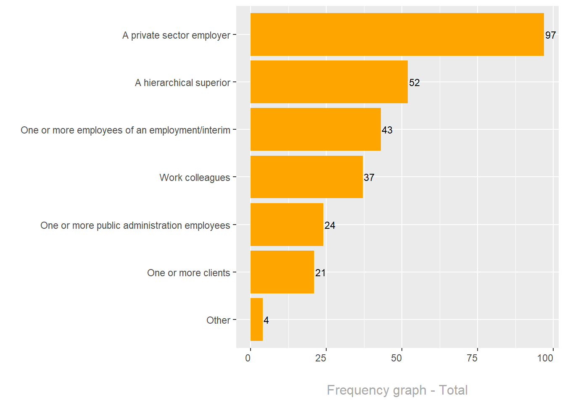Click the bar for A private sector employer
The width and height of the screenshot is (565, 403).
pos(397,34)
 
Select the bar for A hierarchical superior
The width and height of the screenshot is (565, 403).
pos(329,82)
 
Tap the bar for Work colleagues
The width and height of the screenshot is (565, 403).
pos(306,177)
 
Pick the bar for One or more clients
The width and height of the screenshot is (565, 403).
pos(282,272)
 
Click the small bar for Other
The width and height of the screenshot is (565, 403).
pos(256,319)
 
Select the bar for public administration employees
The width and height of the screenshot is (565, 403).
pos(287,225)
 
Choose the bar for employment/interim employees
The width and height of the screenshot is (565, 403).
pos(315,129)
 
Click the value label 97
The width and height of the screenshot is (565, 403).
pos(550,35)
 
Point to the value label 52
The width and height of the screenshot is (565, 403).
pos(414,83)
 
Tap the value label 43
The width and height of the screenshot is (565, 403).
pos(387,130)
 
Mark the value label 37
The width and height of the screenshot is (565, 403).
pos(369,178)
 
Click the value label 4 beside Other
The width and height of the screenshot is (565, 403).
pos(266,320)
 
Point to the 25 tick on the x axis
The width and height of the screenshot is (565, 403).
pos(321,358)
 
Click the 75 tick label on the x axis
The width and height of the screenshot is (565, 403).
pos(472,358)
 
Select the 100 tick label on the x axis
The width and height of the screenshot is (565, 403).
pos(545,358)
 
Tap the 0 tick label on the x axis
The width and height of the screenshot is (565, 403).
pos(248,358)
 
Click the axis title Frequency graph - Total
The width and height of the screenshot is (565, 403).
pos(397,390)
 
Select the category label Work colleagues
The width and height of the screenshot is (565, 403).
pos(195,178)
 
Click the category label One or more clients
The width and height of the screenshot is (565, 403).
pos(188,273)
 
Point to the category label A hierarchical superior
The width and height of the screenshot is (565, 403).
pos(182,83)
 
